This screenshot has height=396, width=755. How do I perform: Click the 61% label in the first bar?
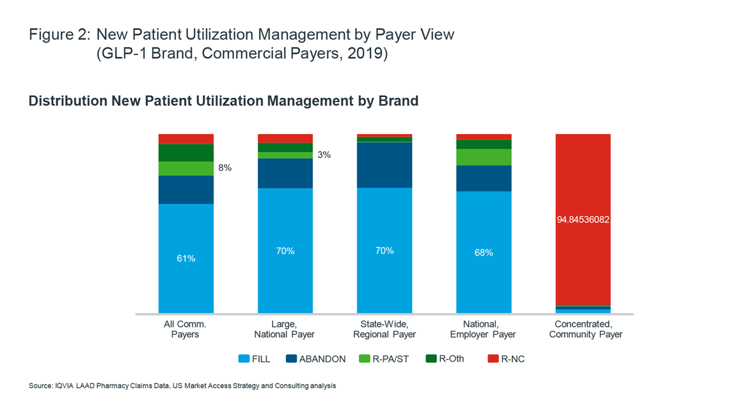pyautogui.click(x=186, y=259)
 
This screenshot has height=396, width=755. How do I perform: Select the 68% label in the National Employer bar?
pyautogui.click(x=484, y=252)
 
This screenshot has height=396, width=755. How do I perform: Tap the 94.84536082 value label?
pyautogui.click(x=583, y=219)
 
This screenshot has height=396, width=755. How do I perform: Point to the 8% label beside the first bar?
pyautogui.click(x=225, y=168)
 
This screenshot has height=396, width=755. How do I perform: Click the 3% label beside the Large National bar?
pyautogui.click(x=324, y=155)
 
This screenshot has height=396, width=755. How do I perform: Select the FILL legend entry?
pyautogui.click(x=254, y=359)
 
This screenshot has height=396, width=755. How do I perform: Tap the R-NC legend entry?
pyautogui.click(x=505, y=359)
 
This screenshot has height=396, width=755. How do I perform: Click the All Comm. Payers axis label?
pyautogui.click(x=186, y=329)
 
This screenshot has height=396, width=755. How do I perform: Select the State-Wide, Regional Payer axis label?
pyautogui.click(x=384, y=329)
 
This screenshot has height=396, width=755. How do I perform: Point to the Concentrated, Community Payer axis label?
pyautogui.click(x=585, y=329)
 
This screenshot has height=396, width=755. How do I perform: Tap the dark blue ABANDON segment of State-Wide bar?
pyautogui.click(x=384, y=164)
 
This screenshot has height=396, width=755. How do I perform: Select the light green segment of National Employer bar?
pyautogui.click(x=484, y=157)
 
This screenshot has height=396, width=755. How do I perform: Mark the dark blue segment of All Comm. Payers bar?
pyautogui.click(x=186, y=190)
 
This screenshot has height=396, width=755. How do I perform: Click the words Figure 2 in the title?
pyautogui.click(x=59, y=35)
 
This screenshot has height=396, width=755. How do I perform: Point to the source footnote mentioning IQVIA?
pyautogui.click(x=182, y=386)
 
